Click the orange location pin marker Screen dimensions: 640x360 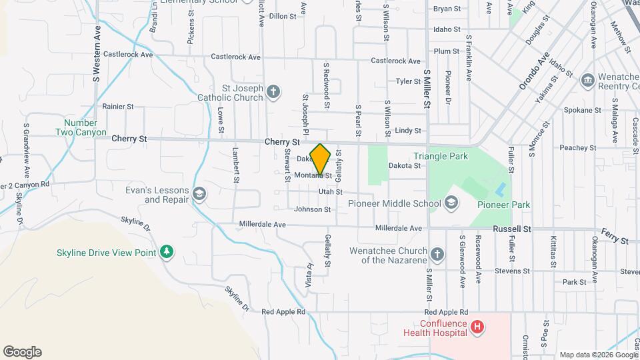pos(321,159)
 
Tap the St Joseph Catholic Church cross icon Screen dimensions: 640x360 pos(273,91)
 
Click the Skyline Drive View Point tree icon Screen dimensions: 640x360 pos(167,252)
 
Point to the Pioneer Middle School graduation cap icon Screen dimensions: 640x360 pos(451,203)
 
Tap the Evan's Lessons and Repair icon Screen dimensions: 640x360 pos(198,194)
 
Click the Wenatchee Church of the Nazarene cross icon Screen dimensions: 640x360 pos(437,254)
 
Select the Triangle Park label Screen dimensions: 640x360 pos(441,156)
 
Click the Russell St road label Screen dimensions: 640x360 pos(511,228)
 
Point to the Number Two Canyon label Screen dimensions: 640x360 pos(85,127)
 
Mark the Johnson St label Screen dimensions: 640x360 pos(313,209)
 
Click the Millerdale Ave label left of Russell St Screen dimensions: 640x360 pos(399,228)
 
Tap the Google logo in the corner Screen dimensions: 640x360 pos(22,352)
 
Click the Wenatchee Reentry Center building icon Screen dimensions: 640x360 pos(587,81)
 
